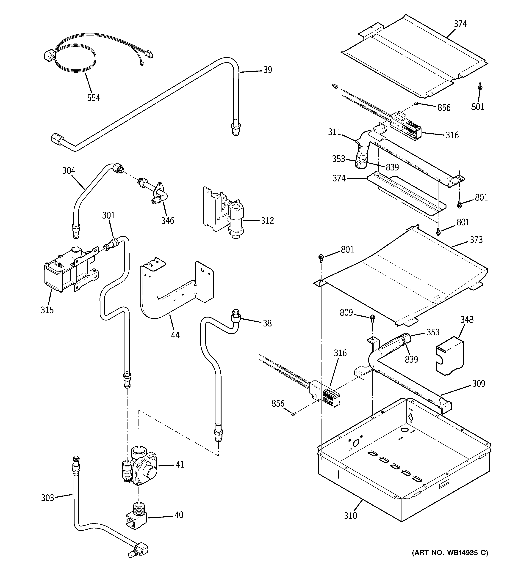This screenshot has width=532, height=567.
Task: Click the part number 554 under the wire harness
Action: click(93, 98)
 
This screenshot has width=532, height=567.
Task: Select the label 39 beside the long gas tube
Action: click(267, 70)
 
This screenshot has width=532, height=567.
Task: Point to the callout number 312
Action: click(267, 220)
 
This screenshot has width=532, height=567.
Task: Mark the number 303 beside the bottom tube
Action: click(47, 498)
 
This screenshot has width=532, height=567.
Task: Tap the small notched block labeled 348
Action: click(449, 356)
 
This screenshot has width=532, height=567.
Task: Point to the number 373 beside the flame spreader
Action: click(476, 240)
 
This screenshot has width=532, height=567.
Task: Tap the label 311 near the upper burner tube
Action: click(334, 132)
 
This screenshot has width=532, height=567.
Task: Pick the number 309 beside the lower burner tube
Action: click(478, 383)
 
